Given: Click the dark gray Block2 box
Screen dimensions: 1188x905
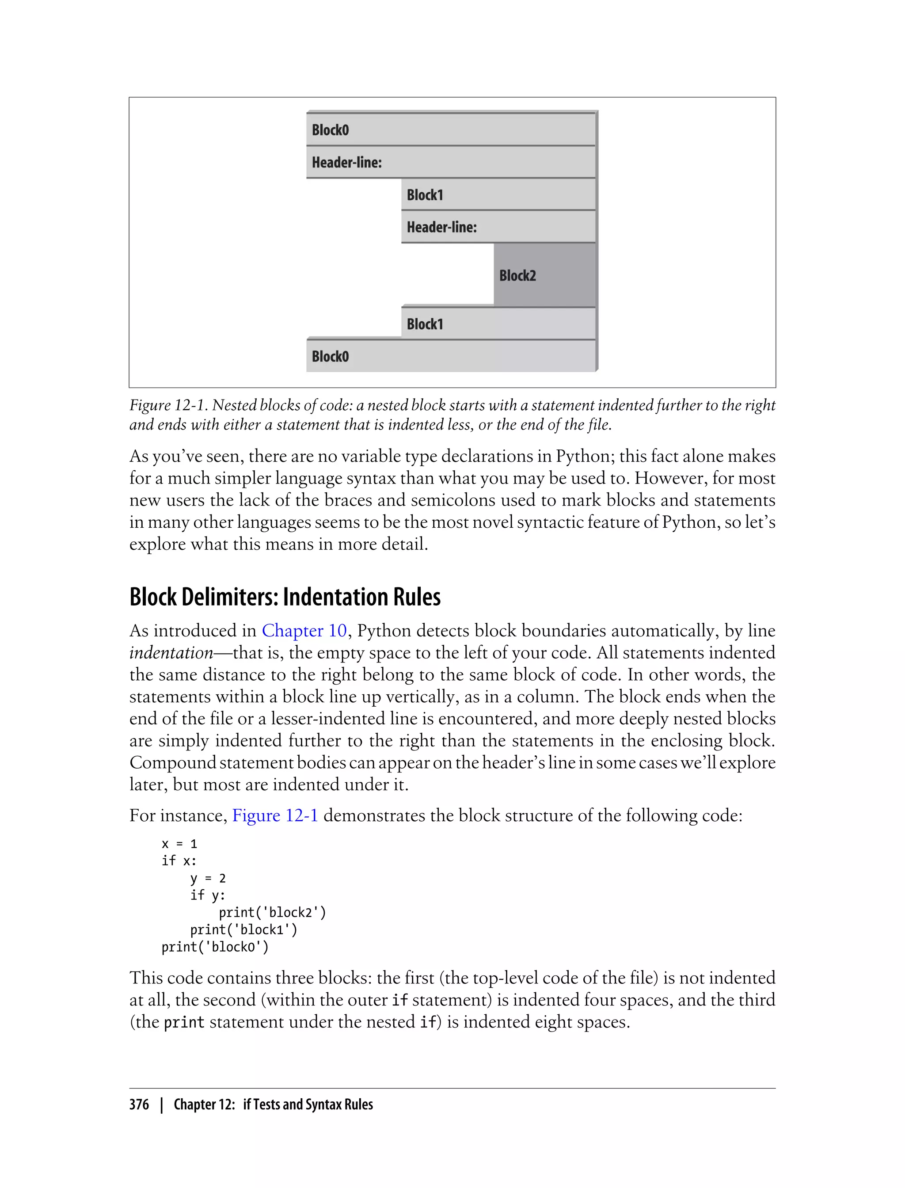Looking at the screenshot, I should (544, 275).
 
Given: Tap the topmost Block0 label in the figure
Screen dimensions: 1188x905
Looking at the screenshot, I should (330, 130).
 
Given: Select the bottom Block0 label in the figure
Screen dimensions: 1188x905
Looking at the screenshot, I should (330, 356).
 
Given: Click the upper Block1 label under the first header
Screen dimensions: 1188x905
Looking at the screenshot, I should (425, 194).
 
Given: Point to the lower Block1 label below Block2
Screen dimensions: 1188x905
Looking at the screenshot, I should (425, 324).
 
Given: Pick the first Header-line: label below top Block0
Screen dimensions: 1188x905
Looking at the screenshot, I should (346, 162).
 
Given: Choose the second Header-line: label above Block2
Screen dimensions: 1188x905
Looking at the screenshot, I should (442, 227).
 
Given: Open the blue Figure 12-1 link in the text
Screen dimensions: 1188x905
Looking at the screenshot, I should (275, 815).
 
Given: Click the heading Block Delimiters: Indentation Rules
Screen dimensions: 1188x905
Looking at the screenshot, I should (285, 597).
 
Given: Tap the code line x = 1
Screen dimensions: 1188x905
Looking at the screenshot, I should (179, 844).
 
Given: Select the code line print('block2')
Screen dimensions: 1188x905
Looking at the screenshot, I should (272, 912).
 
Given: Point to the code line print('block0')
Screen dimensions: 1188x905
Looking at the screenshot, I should (215, 947).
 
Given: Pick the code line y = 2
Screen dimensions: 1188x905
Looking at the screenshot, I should (208, 878).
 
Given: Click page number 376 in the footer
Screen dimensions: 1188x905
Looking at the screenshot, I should (139, 1104).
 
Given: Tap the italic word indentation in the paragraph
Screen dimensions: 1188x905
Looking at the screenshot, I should (171, 653).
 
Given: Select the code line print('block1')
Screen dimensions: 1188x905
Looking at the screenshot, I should (243, 929).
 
